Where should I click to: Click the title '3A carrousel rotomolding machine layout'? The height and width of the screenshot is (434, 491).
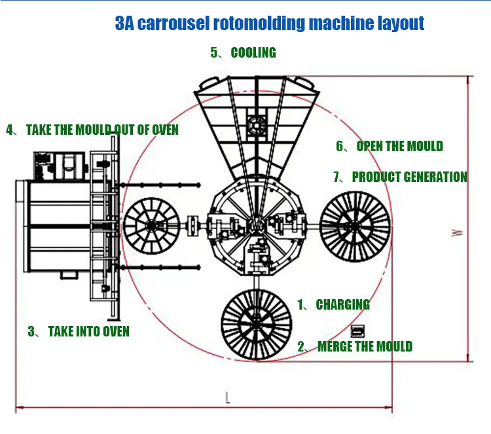point(269,24)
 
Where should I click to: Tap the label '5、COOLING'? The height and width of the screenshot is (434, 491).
point(243,52)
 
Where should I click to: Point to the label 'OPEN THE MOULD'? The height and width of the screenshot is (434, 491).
point(399,146)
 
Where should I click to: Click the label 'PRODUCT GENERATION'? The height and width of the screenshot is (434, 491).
point(409,177)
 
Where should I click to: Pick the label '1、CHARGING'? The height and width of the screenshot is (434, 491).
point(333,304)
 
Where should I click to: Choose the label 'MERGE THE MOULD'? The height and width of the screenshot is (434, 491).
point(364,346)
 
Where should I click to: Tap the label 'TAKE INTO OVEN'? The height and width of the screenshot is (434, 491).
point(88,331)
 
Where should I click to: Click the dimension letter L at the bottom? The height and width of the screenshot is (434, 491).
point(227,397)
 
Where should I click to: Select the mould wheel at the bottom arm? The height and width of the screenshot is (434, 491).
point(256,323)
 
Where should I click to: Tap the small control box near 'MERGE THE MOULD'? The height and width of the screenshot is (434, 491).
point(357,330)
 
